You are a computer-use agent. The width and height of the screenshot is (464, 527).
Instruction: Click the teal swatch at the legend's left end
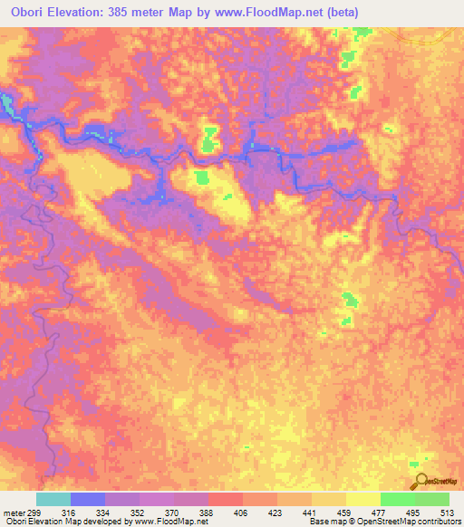point(53,499)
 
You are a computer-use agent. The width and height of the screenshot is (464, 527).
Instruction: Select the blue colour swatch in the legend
point(88,499)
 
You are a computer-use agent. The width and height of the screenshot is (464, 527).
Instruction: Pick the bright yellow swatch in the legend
point(363,499)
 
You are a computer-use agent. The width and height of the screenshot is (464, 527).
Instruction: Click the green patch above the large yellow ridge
point(210,139)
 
